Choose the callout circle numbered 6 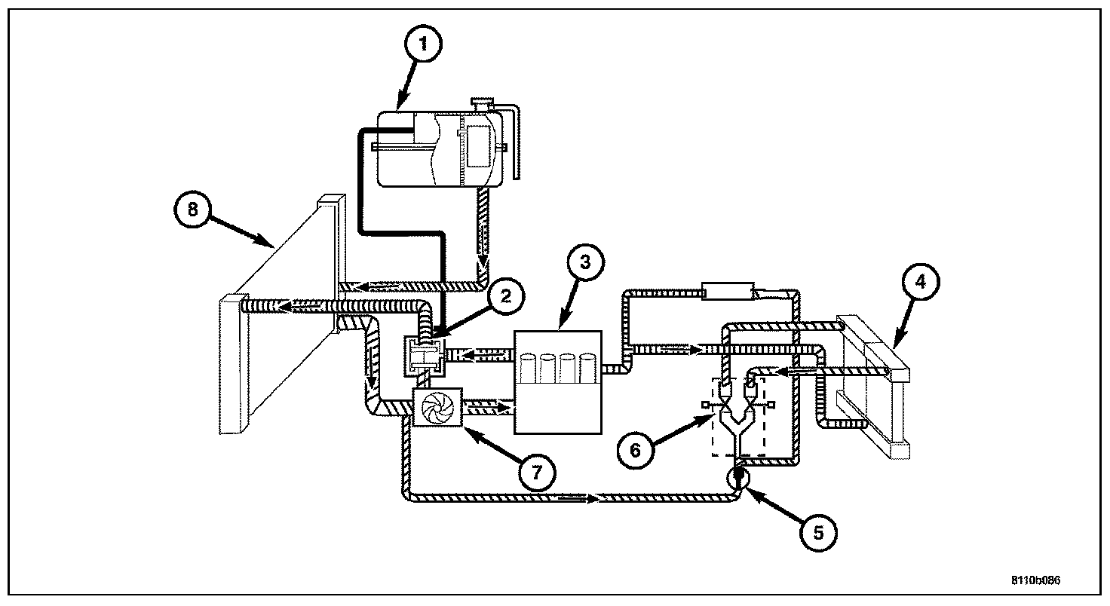pos(634,450)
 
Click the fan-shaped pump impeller pos(437,408)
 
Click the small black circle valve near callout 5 pos(737,476)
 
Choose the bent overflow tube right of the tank pos(515,139)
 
